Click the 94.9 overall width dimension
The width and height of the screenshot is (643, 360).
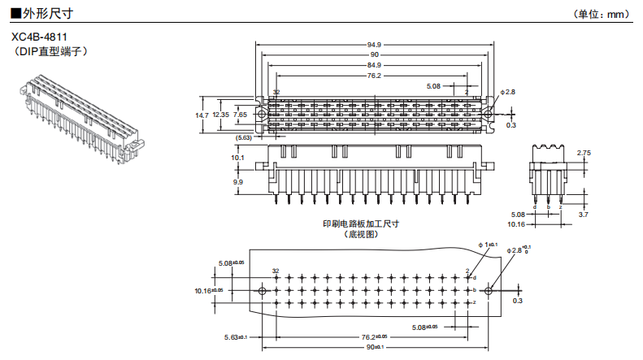pos(374,44)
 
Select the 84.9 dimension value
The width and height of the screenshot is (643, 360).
pos(374,65)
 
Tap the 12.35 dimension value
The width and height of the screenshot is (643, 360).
pos(220,115)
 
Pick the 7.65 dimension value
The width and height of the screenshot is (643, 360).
pos(240,115)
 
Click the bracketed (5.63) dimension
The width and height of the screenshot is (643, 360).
pos(243,138)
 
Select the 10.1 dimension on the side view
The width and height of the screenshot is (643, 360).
pos(237,157)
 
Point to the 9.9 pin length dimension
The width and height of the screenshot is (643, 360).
pos(237,183)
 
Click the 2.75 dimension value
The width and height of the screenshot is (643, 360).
pos(583,153)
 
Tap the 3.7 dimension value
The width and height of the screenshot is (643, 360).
pos(583,214)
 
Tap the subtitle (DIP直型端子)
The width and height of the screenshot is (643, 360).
pos(50,51)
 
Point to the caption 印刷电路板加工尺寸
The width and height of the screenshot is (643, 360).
pos(361,223)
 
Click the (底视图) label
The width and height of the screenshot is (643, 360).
pos(362,234)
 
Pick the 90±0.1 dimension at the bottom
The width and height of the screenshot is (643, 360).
pos(375,348)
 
